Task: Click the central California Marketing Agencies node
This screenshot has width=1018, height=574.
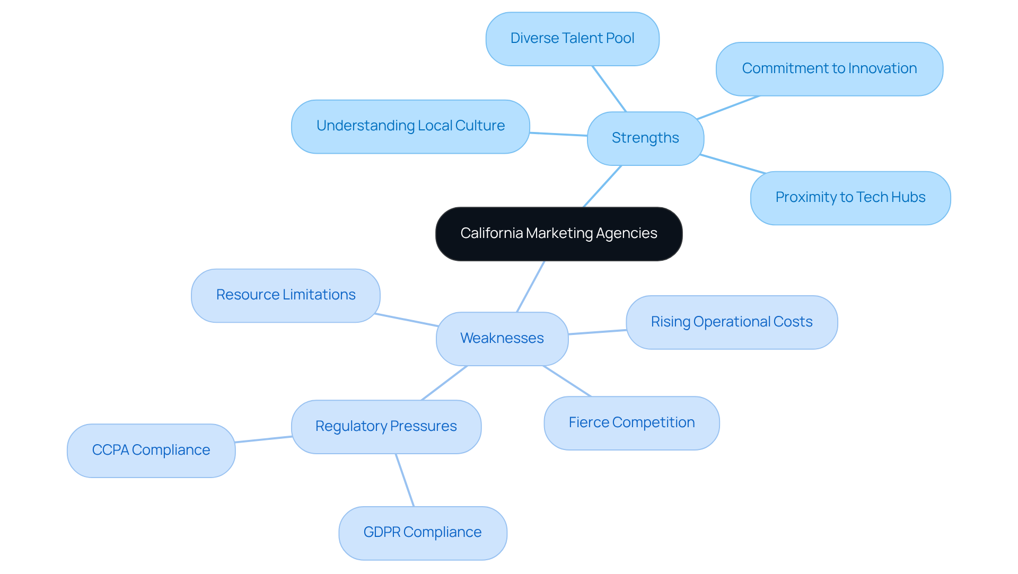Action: click(x=558, y=234)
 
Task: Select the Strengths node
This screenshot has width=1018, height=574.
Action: click(x=645, y=138)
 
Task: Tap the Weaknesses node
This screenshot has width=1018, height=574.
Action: click(x=502, y=338)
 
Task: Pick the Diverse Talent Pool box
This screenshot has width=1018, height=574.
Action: click(x=572, y=39)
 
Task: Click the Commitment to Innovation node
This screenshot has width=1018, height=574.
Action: click(x=829, y=69)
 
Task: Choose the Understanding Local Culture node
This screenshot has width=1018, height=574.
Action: click(x=410, y=126)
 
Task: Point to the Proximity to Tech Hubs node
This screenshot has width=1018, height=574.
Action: click(x=850, y=198)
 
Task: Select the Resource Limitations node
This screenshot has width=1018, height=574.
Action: click(x=285, y=295)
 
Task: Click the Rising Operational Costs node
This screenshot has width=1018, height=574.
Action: click(x=731, y=322)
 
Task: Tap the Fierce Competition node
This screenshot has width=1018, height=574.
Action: click(x=631, y=423)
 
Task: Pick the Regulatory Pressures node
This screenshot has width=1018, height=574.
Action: click(x=385, y=427)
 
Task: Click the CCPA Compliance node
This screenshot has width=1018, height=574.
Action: click(x=151, y=451)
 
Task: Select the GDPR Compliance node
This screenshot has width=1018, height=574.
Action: click(x=422, y=533)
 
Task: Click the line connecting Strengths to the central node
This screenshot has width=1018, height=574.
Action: click(x=602, y=186)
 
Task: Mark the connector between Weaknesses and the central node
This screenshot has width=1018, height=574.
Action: click(x=531, y=286)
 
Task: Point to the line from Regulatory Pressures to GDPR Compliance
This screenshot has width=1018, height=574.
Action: click(x=405, y=480)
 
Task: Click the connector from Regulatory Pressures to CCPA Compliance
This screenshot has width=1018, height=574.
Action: click(x=264, y=439)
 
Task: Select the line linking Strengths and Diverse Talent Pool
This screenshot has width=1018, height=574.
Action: click(x=609, y=89)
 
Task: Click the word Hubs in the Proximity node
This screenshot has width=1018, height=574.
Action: click(x=909, y=198)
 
